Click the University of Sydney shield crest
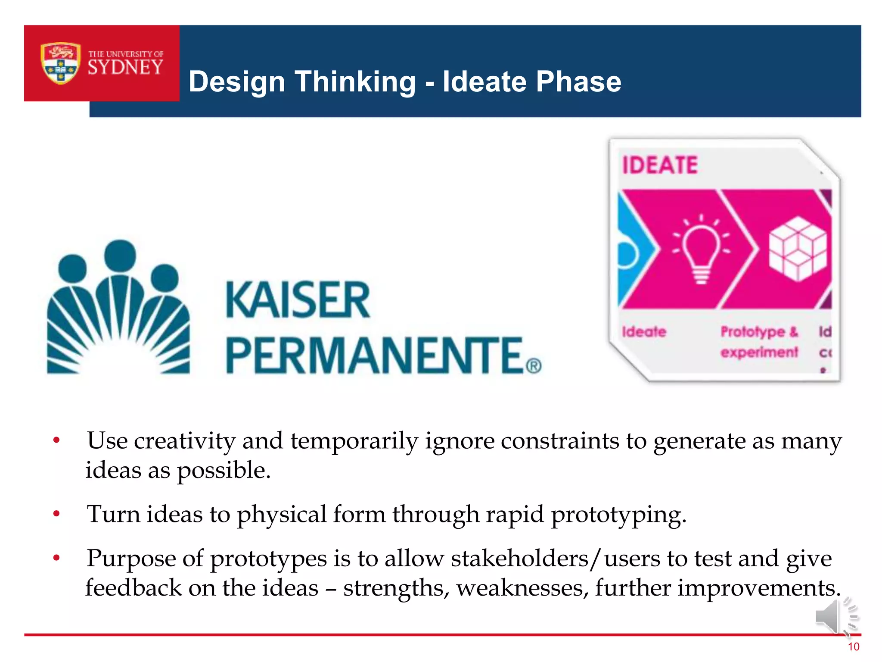click(60, 63)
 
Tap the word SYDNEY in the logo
click(125, 68)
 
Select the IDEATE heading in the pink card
click(659, 165)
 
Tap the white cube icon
click(798, 249)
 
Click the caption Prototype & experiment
click(759, 342)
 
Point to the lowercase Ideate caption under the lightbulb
click(644, 331)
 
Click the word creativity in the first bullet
click(185, 441)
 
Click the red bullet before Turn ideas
click(56, 514)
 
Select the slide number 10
click(853, 647)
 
